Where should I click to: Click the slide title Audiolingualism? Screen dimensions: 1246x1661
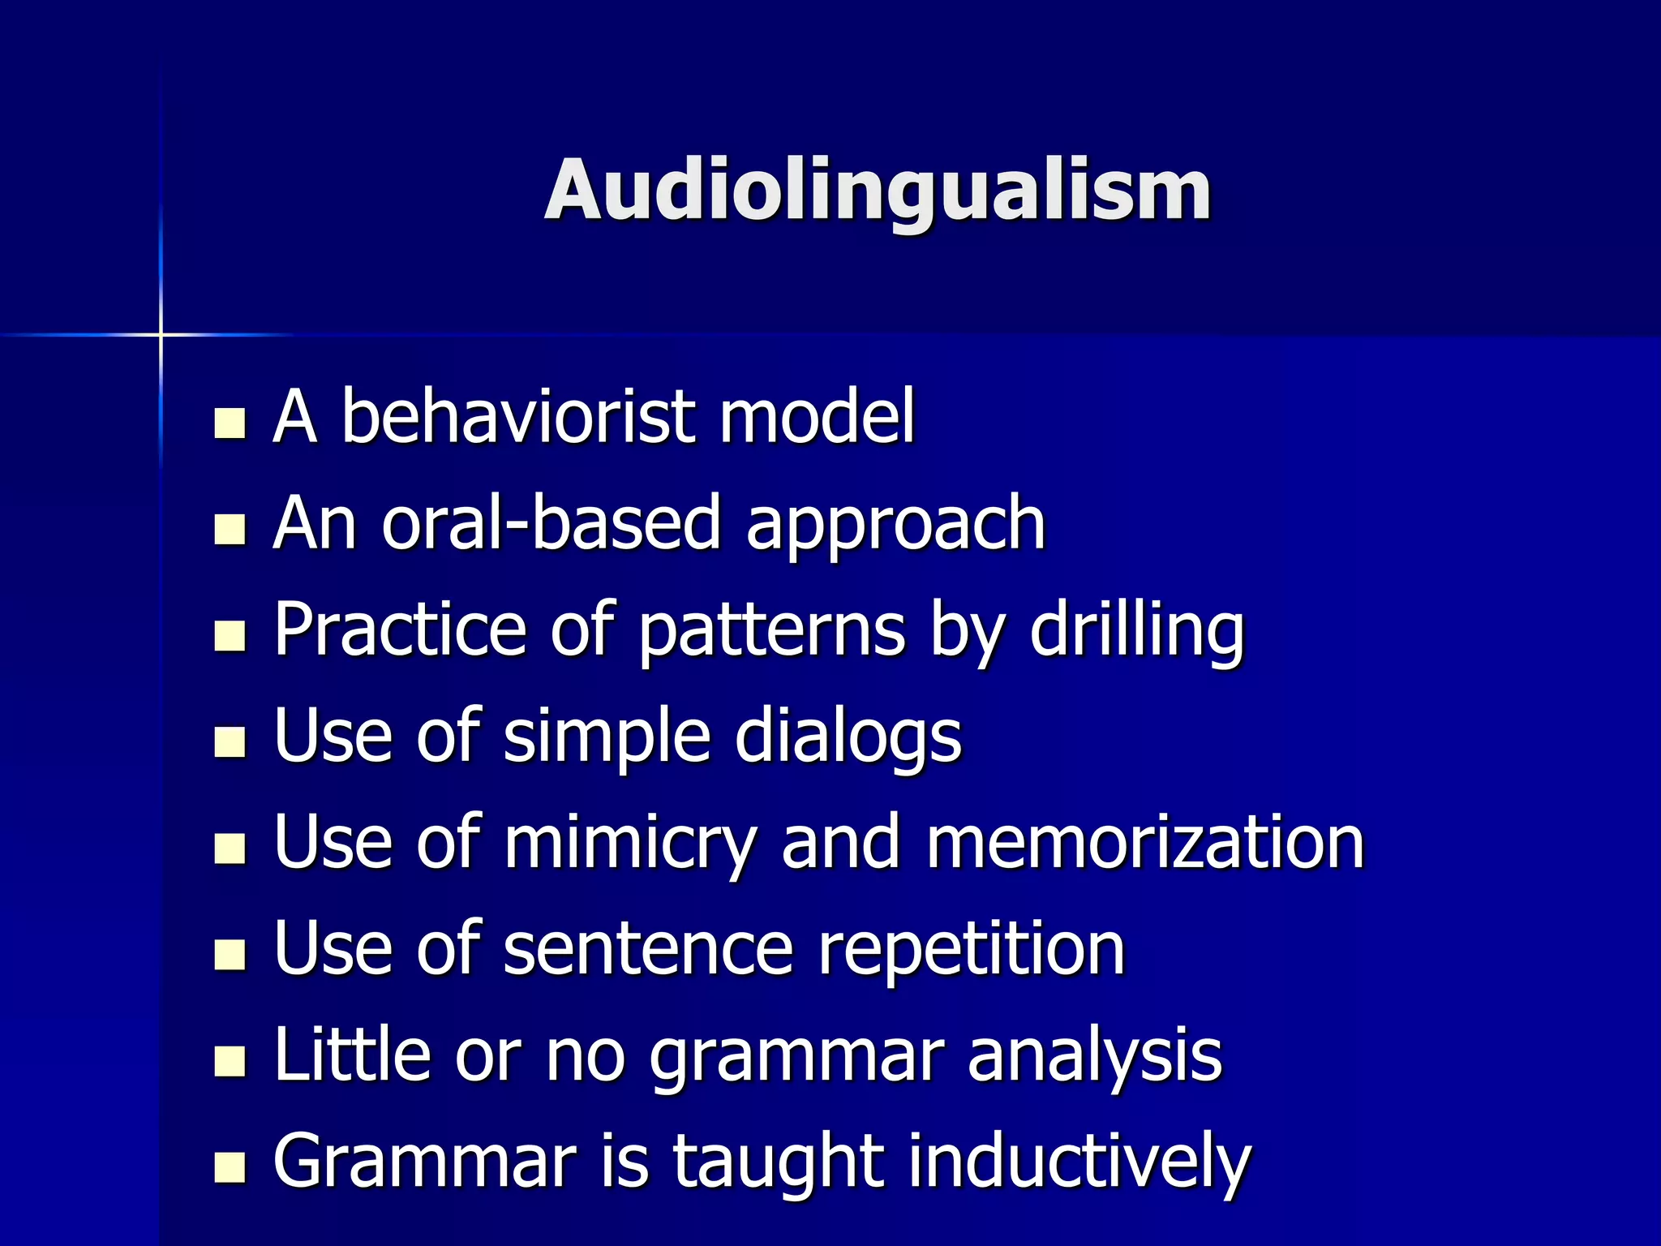click(x=878, y=191)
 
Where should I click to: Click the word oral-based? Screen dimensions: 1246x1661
click(x=551, y=523)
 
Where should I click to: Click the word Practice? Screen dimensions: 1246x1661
click(x=401, y=629)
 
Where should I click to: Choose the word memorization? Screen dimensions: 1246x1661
click(x=1145, y=844)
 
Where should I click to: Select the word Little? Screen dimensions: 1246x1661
click(x=352, y=1055)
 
